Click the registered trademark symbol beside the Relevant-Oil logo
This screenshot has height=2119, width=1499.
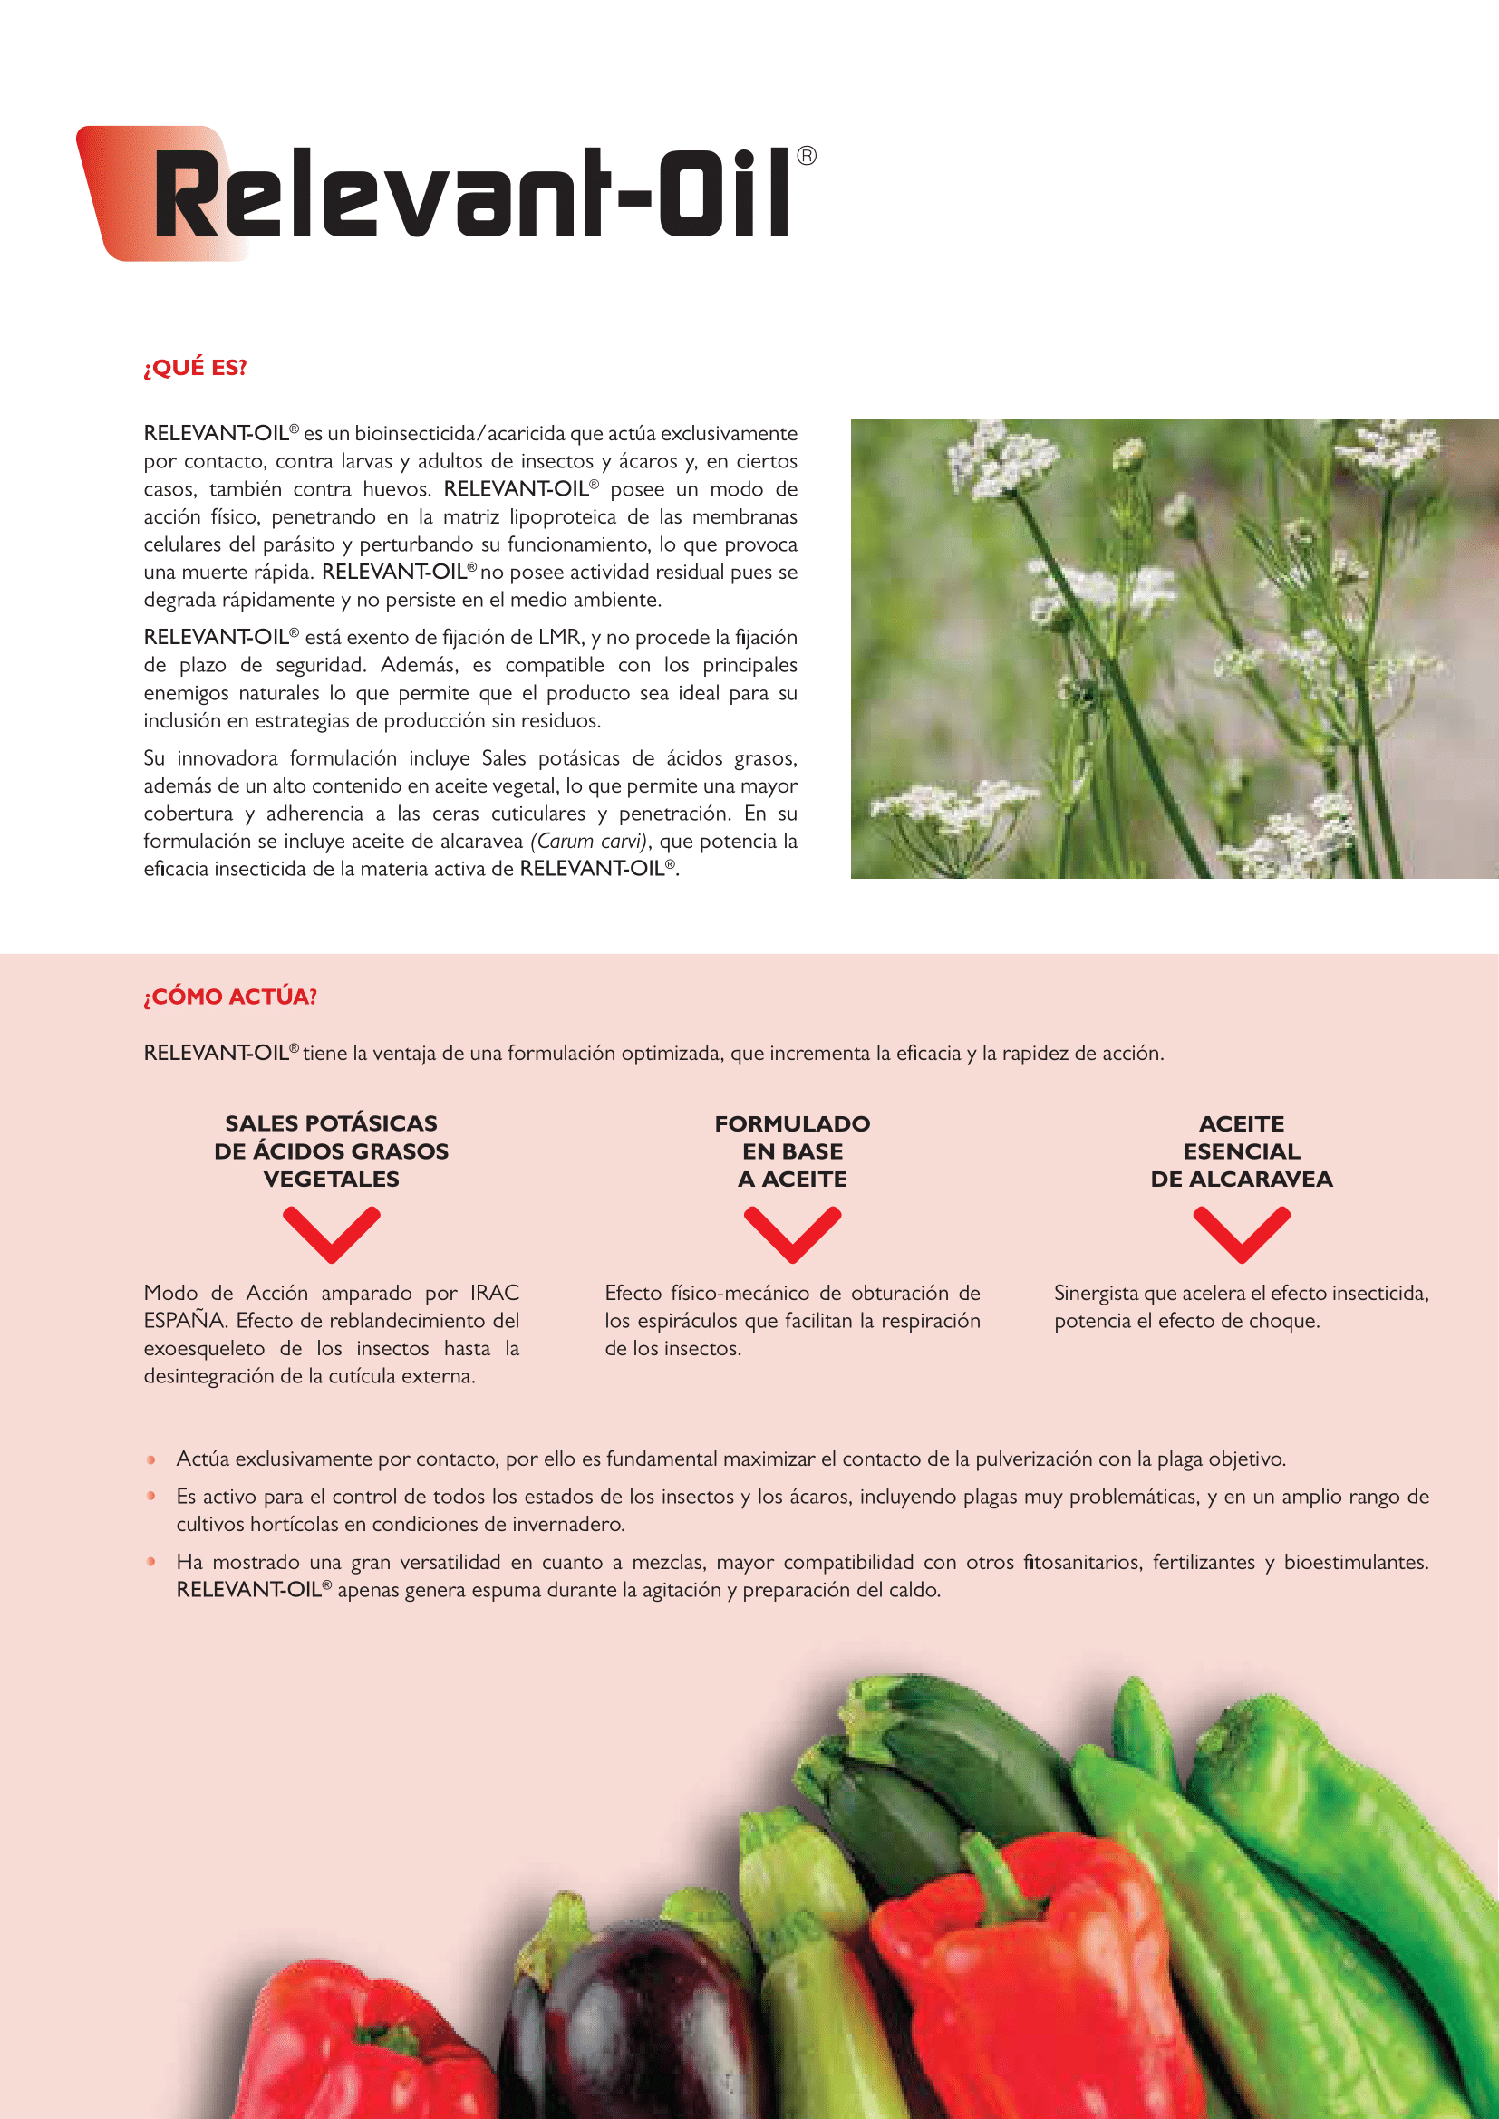tap(806, 156)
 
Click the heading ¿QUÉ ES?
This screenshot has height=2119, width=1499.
tap(195, 367)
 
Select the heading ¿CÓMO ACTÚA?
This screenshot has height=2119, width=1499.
tap(230, 997)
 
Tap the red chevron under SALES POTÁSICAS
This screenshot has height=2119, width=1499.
tap(332, 1234)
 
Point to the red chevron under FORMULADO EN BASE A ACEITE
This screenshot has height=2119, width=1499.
tap(792, 1234)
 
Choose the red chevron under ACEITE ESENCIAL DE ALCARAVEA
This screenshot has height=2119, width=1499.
tap(1242, 1234)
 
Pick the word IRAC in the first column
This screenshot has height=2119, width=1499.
tap(494, 1293)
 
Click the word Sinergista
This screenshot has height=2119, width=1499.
tap(1096, 1293)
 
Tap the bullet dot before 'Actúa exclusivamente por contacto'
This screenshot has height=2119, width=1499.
tap(151, 1460)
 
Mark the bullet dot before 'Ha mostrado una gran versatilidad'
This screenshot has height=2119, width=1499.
tap(151, 1563)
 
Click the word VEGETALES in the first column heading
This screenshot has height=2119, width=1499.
tap(332, 1180)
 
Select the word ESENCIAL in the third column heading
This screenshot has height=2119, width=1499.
tap(1242, 1151)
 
